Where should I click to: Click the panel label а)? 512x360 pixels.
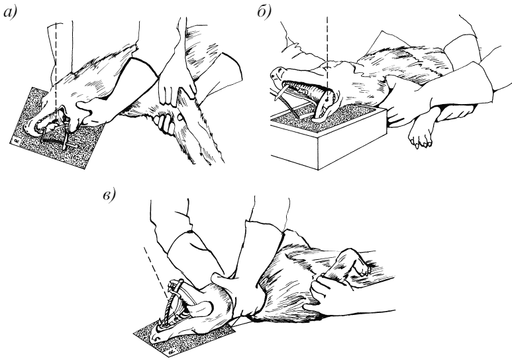(10, 13)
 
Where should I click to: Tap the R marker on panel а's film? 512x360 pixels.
(16, 141)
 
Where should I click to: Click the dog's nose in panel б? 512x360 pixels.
(276, 72)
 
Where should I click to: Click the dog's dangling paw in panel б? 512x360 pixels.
(421, 137)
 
